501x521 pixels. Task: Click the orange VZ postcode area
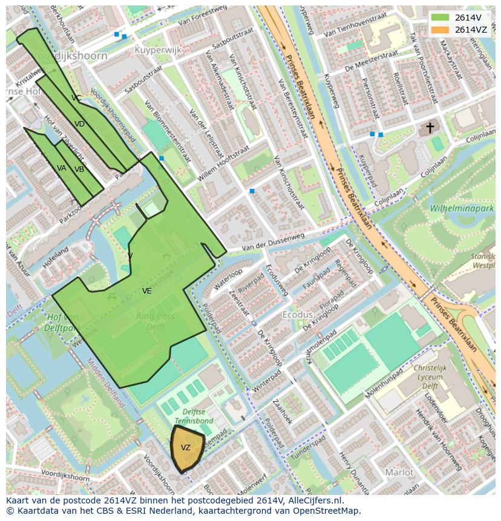click(186, 448)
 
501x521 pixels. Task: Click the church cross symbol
click(430, 128)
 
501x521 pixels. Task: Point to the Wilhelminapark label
click(462, 208)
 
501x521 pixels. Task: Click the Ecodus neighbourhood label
click(298, 315)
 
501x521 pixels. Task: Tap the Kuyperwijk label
click(158, 50)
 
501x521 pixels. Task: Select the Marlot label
click(399, 472)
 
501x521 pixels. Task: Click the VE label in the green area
click(146, 291)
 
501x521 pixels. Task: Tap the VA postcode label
click(62, 168)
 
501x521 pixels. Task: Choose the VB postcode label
click(79, 169)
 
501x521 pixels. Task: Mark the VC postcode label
click(76, 97)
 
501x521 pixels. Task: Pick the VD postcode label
click(79, 124)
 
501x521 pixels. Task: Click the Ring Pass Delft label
click(155, 321)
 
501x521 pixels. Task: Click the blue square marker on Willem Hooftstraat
click(252, 191)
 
